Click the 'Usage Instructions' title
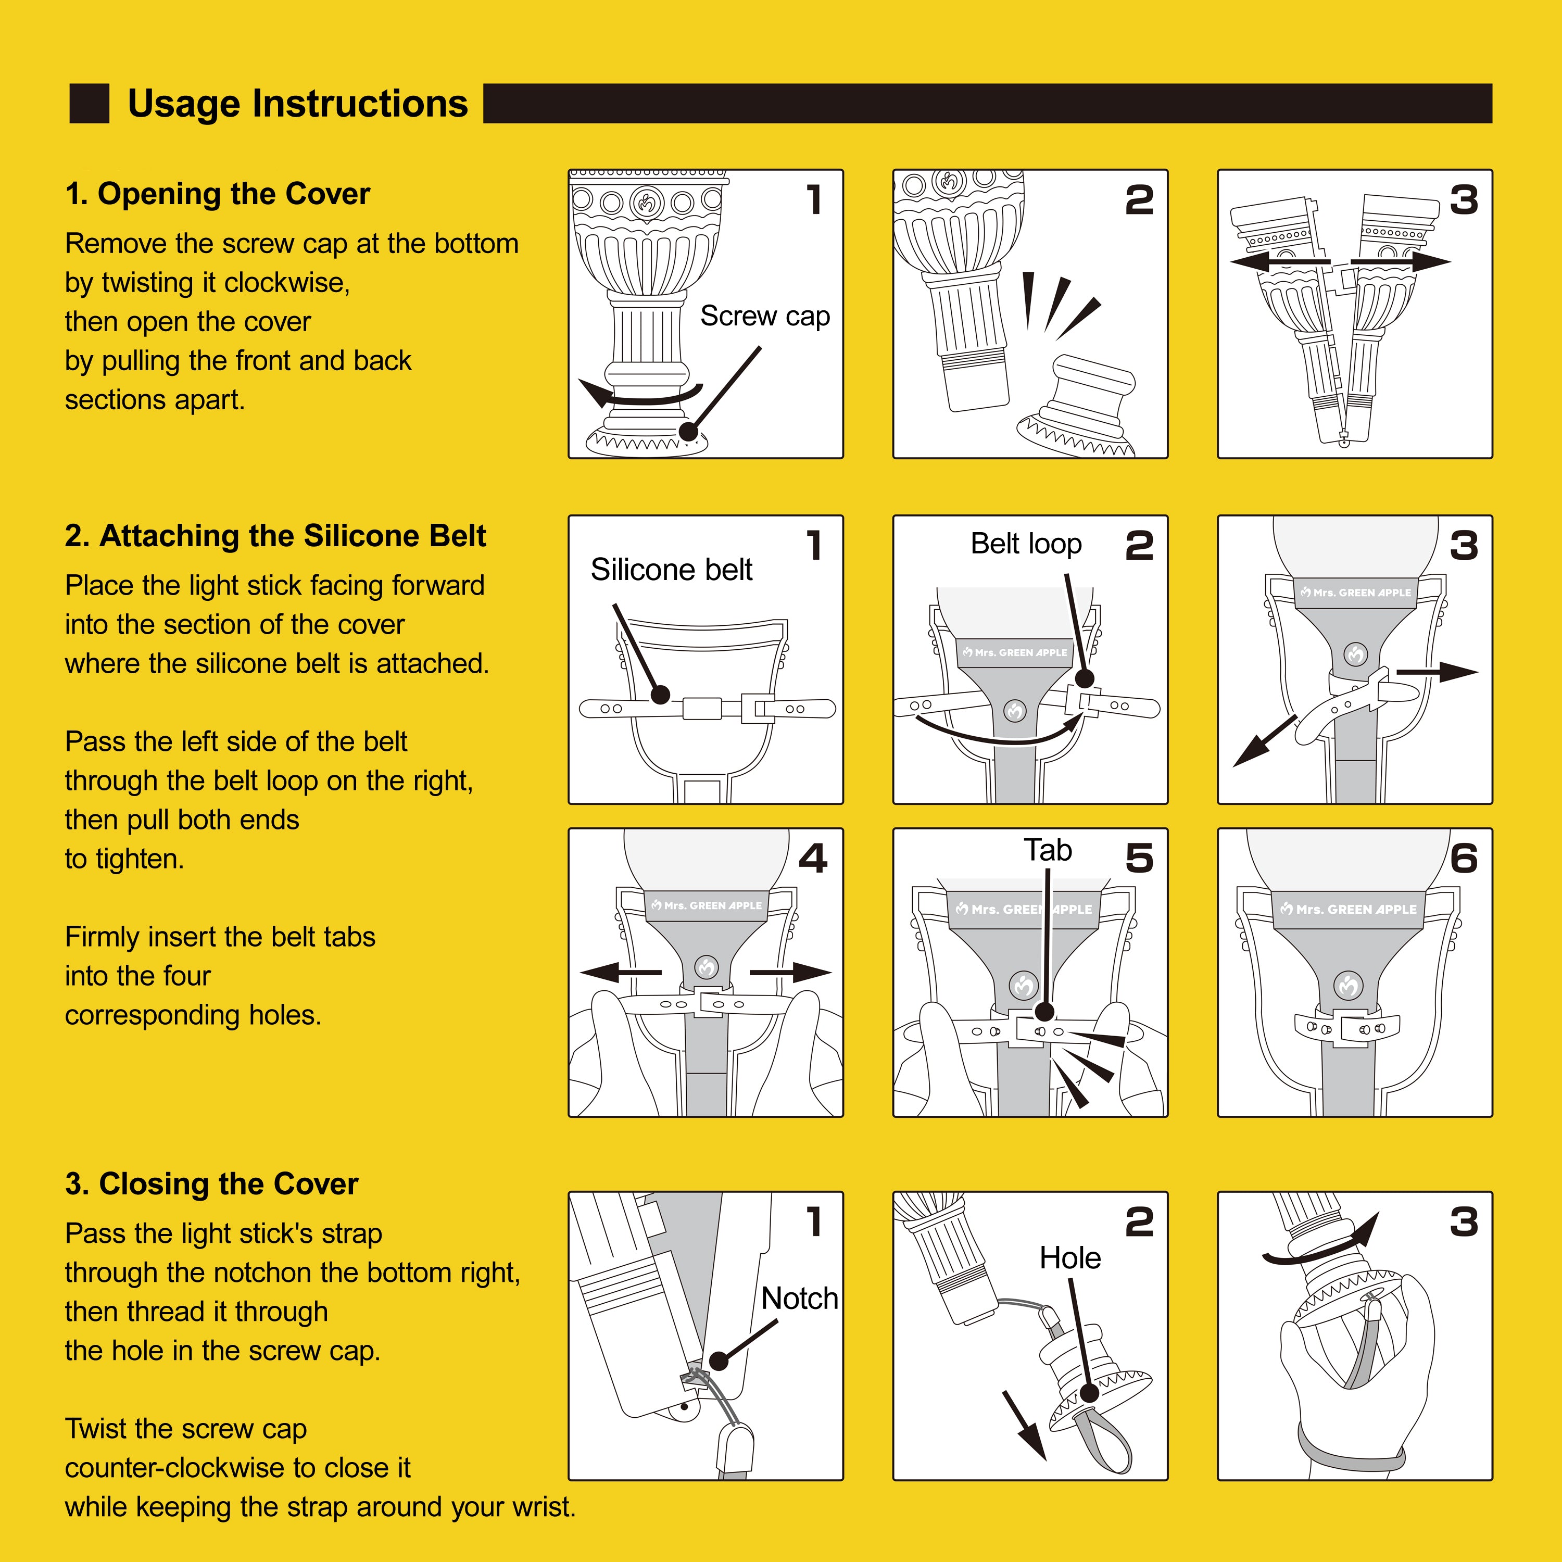(x=297, y=104)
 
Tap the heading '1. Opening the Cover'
(x=218, y=194)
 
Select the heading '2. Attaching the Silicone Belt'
(x=276, y=536)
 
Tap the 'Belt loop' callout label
(x=1026, y=544)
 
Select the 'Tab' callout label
(x=1048, y=851)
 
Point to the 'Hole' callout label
(x=1069, y=1258)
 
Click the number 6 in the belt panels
(x=1464, y=859)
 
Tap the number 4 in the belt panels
(x=813, y=859)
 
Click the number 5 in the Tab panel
(x=1139, y=859)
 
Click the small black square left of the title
(x=89, y=104)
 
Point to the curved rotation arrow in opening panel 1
(x=639, y=395)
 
